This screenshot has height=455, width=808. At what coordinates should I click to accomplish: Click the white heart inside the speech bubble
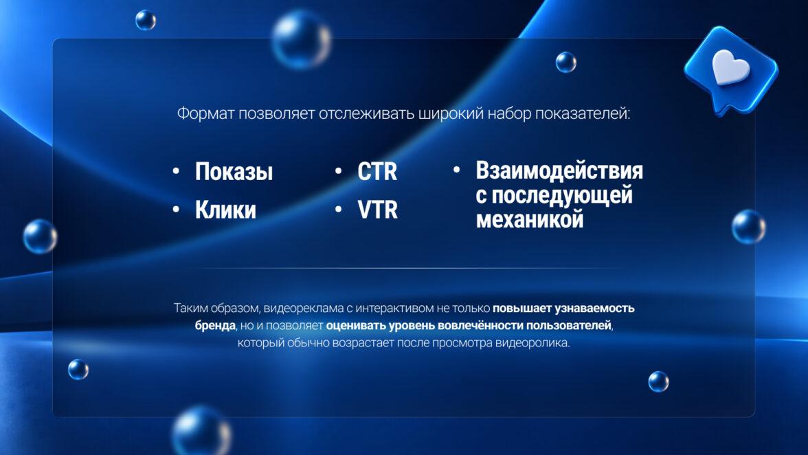[x=730, y=67]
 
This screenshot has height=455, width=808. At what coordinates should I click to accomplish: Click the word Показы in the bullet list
[x=234, y=172]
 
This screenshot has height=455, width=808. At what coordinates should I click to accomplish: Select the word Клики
[x=225, y=210]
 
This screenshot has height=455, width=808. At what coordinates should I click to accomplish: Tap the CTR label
[x=377, y=172]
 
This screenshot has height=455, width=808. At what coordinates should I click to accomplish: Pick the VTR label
[x=378, y=210]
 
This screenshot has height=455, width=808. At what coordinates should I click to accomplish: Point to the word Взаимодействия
[x=559, y=170]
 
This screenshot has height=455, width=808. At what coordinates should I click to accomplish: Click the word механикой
[x=530, y=219]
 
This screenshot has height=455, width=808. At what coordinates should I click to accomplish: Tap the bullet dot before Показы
[x=176, y=171]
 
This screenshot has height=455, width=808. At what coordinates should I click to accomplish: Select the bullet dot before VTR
[x=339, y=209]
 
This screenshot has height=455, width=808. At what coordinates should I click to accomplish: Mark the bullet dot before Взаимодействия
[x=456, y=170]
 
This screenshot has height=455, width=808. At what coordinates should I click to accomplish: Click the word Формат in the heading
[x=205, y=113]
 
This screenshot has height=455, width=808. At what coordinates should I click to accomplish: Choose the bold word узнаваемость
[x=594, y=308]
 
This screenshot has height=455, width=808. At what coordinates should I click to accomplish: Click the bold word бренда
[x=215, y=326]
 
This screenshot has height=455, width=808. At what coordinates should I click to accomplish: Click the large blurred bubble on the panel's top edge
[x=302, y=40]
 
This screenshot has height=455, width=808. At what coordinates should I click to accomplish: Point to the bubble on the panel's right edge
[x=749, y=227]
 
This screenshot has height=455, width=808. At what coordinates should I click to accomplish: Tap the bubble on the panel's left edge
[x=40, y=236]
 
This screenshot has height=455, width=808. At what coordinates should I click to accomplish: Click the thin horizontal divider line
[x=404, y=269]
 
